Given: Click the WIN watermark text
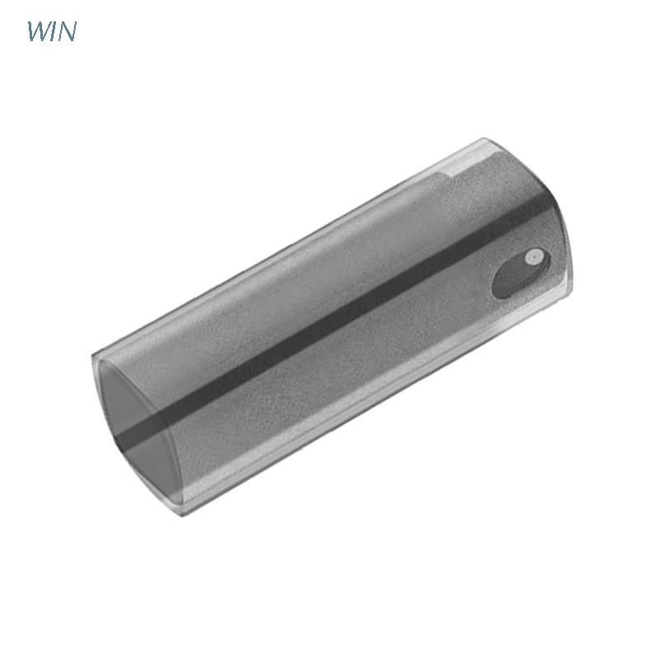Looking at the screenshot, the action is click(x=52, y=31).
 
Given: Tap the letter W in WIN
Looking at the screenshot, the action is click(x=39, y=31).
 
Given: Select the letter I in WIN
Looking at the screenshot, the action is click(x=54, y=31).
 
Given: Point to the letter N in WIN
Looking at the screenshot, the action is click(x=68, y=31).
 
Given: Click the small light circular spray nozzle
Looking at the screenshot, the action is click(x=534, y=257).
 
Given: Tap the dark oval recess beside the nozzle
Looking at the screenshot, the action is click(x=521, y=273).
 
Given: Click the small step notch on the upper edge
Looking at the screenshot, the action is click(x=449, y=171).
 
